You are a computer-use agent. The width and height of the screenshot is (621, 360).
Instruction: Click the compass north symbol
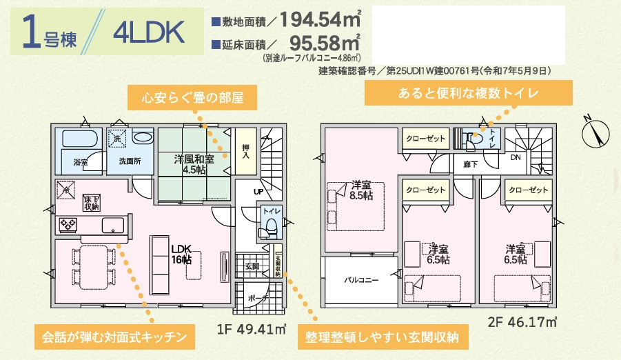[596, 131]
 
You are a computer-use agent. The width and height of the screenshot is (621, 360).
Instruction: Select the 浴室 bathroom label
[81, 162]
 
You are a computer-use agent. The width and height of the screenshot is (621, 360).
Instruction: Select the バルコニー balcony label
[362, 280]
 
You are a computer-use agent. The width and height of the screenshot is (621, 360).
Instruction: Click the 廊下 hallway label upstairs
[471, 165]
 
